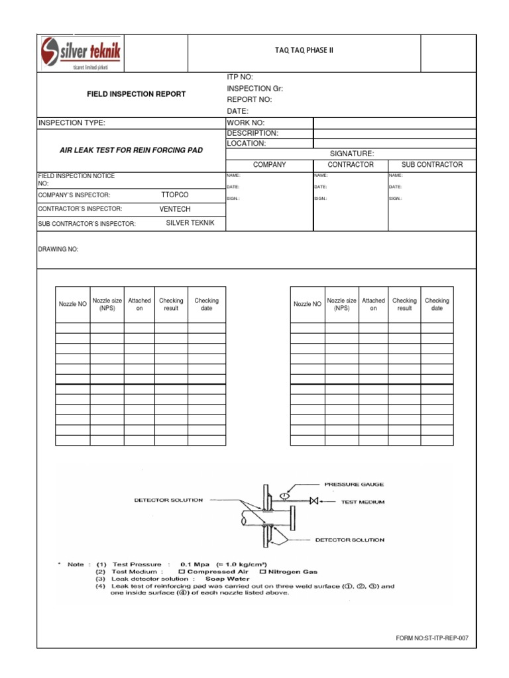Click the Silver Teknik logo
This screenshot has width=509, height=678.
pos(82,53)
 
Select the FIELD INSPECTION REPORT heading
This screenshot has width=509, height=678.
pos(137,94)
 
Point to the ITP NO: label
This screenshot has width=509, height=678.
pos(240,77)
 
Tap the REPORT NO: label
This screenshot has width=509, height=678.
pos(249,99)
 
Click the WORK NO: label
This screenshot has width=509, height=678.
pos(246,122)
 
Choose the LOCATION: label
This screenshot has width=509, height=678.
pos(247,143)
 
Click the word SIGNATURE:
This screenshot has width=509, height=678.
pos(352,153)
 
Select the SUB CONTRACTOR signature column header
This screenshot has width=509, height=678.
pos(431,164)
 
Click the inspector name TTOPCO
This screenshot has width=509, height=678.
pos(175,195)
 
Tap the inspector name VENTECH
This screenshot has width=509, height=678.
pos(175,209)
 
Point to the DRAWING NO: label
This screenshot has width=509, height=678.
pos(59,250)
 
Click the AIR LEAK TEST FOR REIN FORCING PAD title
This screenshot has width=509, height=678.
pos(131,150)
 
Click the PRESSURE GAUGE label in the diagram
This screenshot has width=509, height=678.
pos(354,484)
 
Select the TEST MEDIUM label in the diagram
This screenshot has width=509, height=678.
pos(363,502)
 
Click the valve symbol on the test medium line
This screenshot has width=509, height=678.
pos(314,501)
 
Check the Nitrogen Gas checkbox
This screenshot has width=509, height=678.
pos(263,571)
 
